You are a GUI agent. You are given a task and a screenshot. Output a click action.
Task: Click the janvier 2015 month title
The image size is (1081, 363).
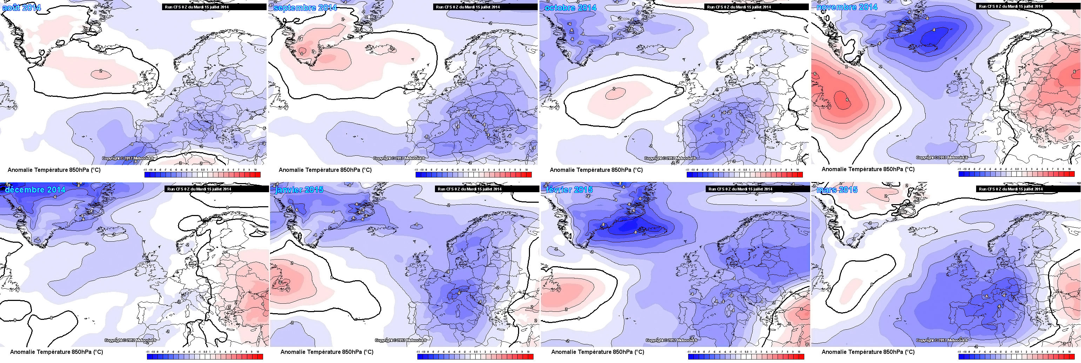[299, 190]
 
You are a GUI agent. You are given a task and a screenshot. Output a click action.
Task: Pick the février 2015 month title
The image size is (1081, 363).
[569, 190]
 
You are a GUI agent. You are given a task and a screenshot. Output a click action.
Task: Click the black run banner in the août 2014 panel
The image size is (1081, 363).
[214, 7]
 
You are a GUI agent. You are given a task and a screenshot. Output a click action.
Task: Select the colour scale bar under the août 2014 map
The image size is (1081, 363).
[203, 175]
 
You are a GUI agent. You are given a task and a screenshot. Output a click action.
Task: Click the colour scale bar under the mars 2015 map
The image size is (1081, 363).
[1015, 356]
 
